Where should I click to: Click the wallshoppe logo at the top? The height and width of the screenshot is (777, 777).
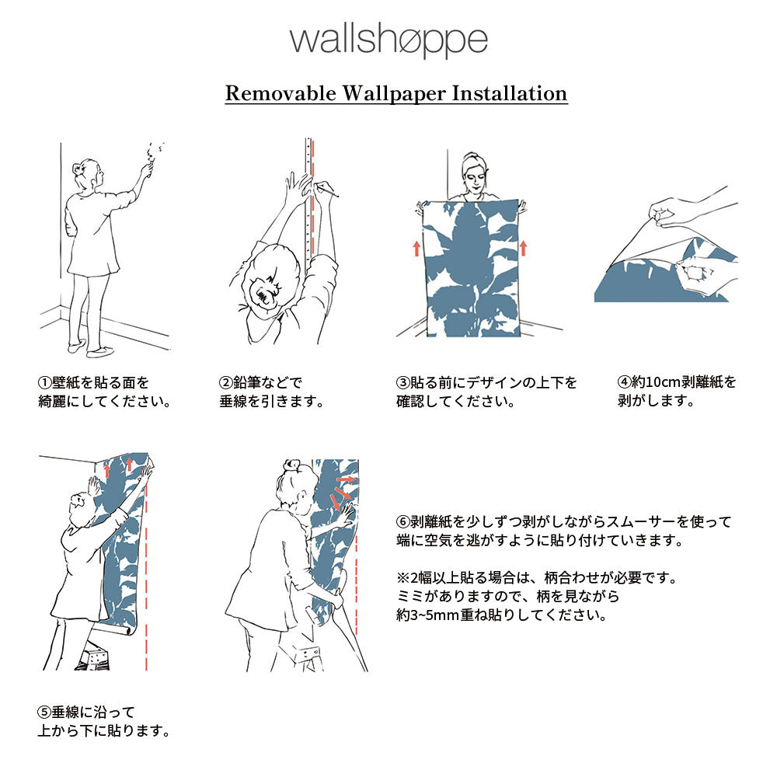coord(388,40)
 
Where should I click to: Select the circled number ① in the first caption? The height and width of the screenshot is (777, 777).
coord(45,383)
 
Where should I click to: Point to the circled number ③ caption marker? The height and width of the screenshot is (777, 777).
coord(402,383)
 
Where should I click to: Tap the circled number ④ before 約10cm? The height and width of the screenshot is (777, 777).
coord(623,383)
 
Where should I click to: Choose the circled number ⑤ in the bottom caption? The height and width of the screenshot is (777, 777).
coord(45,712)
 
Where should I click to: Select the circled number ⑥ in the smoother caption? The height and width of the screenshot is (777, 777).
coord(402,521)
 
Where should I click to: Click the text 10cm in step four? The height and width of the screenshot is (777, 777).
coord(653,383)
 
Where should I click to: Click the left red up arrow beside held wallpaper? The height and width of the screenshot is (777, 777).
coord(416,248)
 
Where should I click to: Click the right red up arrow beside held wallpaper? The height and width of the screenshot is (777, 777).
coord(523,248)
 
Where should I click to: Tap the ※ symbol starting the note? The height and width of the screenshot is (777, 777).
coord(402,579)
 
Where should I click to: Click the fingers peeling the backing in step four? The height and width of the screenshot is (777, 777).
coord(664,213)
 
